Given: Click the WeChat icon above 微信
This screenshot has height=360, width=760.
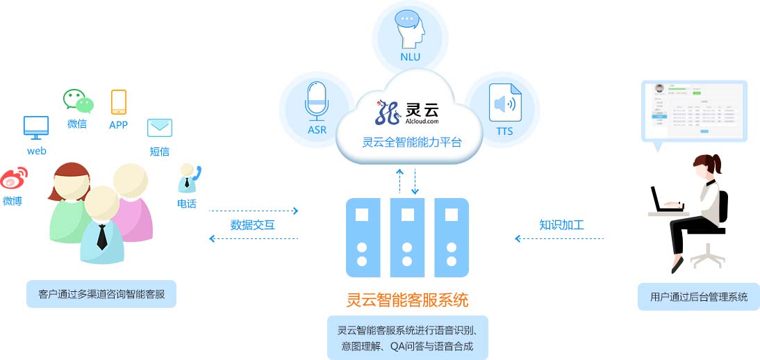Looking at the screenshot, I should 78,101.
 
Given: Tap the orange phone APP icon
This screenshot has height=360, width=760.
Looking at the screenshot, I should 119,102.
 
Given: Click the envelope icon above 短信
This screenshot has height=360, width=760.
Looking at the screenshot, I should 159,128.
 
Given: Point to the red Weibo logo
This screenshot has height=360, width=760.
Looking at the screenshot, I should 13,179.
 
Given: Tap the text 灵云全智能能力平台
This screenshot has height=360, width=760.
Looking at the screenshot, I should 411,142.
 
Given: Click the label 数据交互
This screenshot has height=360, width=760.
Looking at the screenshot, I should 253,224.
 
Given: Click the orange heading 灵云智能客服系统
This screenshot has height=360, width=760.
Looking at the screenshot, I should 407,300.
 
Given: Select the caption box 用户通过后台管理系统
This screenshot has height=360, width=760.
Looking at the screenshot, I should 699,297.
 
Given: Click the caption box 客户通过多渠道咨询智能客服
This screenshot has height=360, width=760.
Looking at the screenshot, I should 101,294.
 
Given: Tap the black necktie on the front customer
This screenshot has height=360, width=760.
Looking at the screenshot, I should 101,237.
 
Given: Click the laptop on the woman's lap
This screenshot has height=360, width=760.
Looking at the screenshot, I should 664,201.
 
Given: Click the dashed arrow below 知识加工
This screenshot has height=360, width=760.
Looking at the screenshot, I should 559,238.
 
